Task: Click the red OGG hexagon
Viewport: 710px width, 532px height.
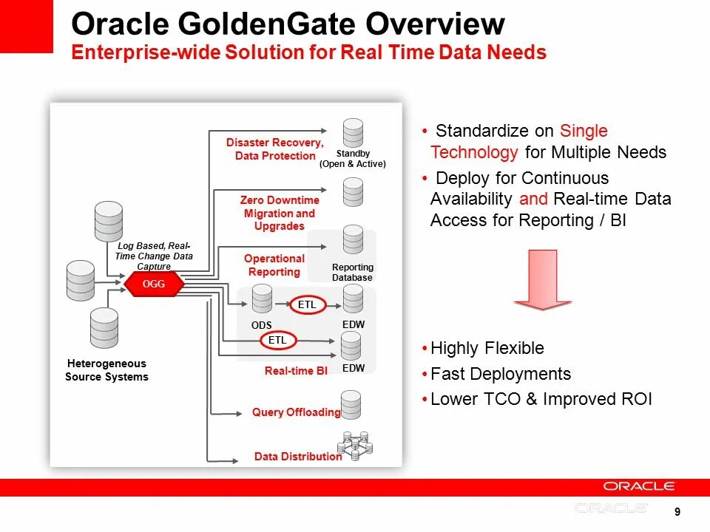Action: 154,284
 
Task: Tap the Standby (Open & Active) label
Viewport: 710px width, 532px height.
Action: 353,159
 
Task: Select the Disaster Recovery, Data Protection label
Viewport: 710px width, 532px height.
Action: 275,149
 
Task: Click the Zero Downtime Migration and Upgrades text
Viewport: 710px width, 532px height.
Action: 279,213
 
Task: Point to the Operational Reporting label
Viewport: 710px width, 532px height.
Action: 274,265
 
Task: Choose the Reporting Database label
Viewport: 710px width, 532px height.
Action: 353,272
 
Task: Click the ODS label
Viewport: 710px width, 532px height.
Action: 261,326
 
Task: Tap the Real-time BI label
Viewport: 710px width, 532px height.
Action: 296,371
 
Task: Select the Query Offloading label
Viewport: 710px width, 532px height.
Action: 296,412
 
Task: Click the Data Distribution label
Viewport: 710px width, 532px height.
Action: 298,457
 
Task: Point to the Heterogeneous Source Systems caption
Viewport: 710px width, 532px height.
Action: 107,370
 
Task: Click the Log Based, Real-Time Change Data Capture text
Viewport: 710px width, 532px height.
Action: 154,256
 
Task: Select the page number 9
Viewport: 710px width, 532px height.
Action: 677,512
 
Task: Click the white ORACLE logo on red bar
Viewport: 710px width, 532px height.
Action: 639,486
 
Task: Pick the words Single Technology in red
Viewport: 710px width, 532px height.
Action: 518,142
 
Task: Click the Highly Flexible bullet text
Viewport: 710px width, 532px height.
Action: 487,348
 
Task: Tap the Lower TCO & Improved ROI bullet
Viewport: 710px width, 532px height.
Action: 541,399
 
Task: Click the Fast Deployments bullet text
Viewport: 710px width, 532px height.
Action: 501,374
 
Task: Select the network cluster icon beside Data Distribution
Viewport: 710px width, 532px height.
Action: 355,446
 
